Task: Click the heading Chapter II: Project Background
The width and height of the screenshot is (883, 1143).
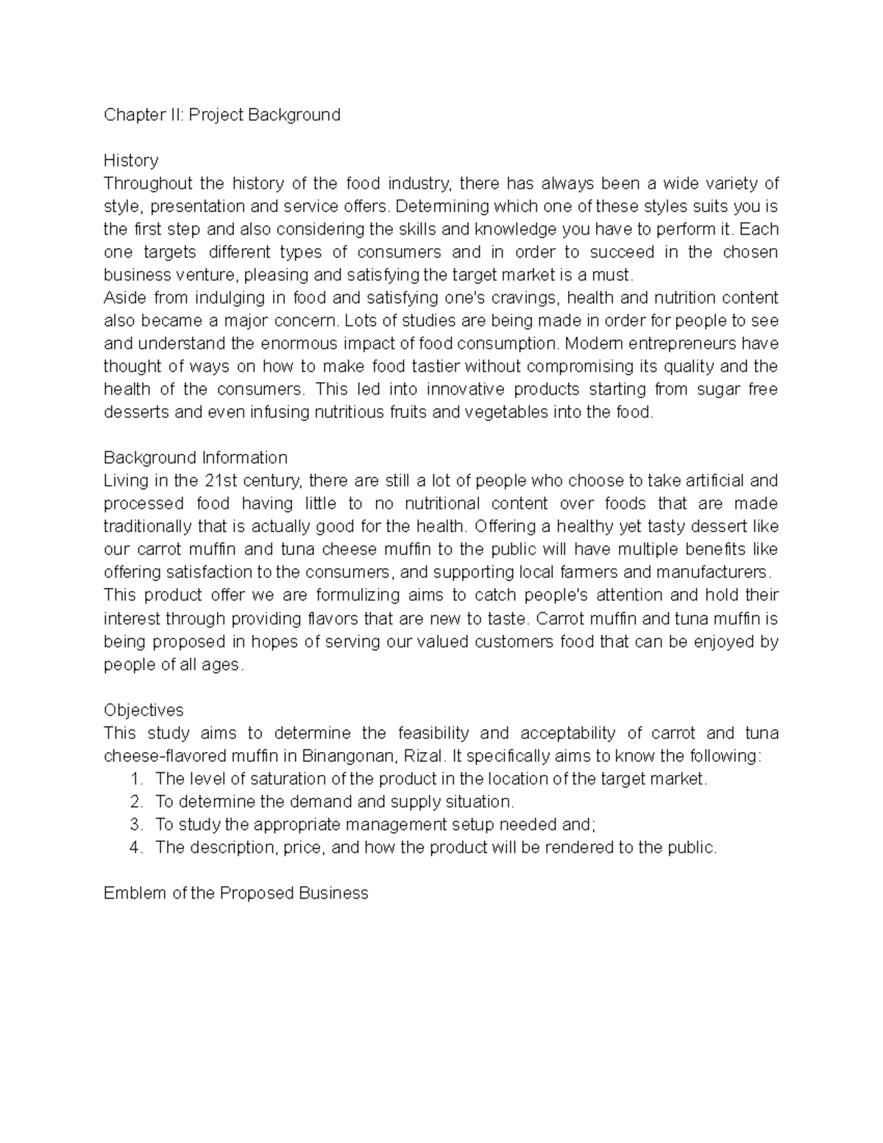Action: (x=221, y=115)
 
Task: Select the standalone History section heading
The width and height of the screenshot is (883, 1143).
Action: (x=131, y=160)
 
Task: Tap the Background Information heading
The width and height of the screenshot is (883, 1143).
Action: (x=195, y=458)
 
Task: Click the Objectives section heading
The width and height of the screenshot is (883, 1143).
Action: (x=143, y=710)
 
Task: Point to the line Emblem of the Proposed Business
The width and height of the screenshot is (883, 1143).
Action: (x=235, y=893)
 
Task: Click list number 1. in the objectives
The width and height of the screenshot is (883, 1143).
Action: (x=135, y=779)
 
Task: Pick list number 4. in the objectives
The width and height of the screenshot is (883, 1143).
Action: (x=135, y=847)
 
